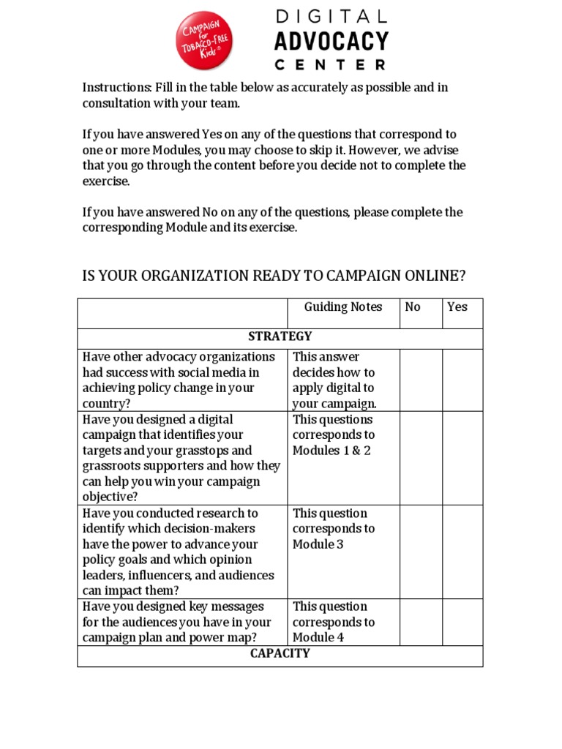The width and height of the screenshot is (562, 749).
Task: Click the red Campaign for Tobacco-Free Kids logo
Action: pos(205,41)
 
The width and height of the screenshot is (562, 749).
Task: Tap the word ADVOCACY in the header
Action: pos(331,41)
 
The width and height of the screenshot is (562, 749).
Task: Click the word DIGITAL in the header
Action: pos(331,16)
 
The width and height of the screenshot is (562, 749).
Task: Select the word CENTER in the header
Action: pos(331,64)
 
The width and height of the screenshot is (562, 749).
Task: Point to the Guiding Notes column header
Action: pos(343,307)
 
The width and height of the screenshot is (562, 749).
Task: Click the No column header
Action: pos(413,307)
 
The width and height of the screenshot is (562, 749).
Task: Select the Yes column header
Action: pos(457,307)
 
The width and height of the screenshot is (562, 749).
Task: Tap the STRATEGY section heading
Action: pos(280,336)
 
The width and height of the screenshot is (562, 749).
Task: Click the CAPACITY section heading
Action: pos(280,653)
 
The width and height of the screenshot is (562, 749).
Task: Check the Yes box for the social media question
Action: pos(462,380)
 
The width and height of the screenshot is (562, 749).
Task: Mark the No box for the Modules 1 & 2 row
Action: pos(421,458)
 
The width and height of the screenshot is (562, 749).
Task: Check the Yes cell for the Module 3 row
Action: pos(462,552)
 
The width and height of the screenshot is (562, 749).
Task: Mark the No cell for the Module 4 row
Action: pos(421,622)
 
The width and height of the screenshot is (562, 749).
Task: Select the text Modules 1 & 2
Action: pos(331,451)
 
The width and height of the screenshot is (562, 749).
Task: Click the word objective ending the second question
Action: pos(109,497)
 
